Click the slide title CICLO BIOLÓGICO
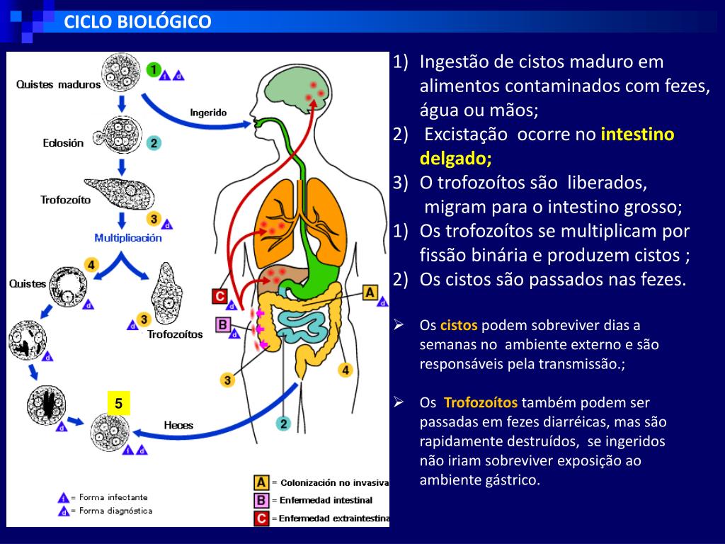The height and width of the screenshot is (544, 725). pos(137,22)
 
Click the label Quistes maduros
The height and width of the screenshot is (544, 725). pos(59,84)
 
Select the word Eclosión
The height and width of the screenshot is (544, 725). pos(63,142)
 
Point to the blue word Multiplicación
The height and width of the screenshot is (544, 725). pos(128,238)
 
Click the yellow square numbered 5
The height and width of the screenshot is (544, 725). pos(119,404)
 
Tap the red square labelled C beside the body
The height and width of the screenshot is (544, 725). pos(220,297)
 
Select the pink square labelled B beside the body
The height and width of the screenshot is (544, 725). pos(223,325)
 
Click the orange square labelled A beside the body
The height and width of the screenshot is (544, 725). pos(370,292)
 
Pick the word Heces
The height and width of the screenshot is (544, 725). pos(178,425)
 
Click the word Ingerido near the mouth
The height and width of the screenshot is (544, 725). pos(208,112)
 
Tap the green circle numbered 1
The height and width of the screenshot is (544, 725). pos(154,69)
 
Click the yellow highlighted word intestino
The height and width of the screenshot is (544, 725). pos(637,135)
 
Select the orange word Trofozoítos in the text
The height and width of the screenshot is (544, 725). pos(481,403)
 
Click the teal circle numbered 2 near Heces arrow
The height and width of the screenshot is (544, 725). pos(283,424)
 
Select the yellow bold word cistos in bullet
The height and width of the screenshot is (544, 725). pos(459,326)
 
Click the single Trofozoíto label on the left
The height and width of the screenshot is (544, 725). pos(66,200)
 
